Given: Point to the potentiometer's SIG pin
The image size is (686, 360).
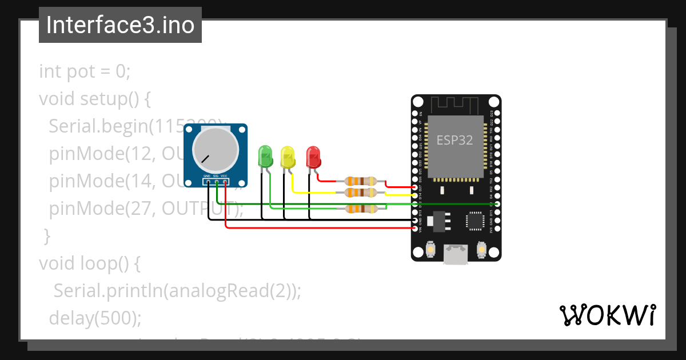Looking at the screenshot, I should [216, 182].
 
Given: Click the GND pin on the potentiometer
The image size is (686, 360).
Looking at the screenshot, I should [208, 182].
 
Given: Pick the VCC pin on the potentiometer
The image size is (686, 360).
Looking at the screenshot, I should [225, 182].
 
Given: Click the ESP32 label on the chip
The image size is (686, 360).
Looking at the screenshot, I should [454, 140].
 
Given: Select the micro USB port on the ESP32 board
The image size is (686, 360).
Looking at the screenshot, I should [456, 254].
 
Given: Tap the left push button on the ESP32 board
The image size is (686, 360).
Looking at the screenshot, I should [431, 250].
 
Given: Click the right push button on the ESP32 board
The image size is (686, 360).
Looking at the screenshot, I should [481, 250].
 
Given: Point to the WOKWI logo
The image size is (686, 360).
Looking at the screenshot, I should [607, 315].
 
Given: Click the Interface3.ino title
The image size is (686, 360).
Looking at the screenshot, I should [120, 25].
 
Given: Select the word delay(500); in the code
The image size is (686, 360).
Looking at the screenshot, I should [95, 318].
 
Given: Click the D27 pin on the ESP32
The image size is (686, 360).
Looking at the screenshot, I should [415, 187].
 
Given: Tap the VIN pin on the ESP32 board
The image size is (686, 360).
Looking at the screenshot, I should [415, 228].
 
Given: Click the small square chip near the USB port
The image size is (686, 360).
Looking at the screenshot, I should [474, 221].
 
